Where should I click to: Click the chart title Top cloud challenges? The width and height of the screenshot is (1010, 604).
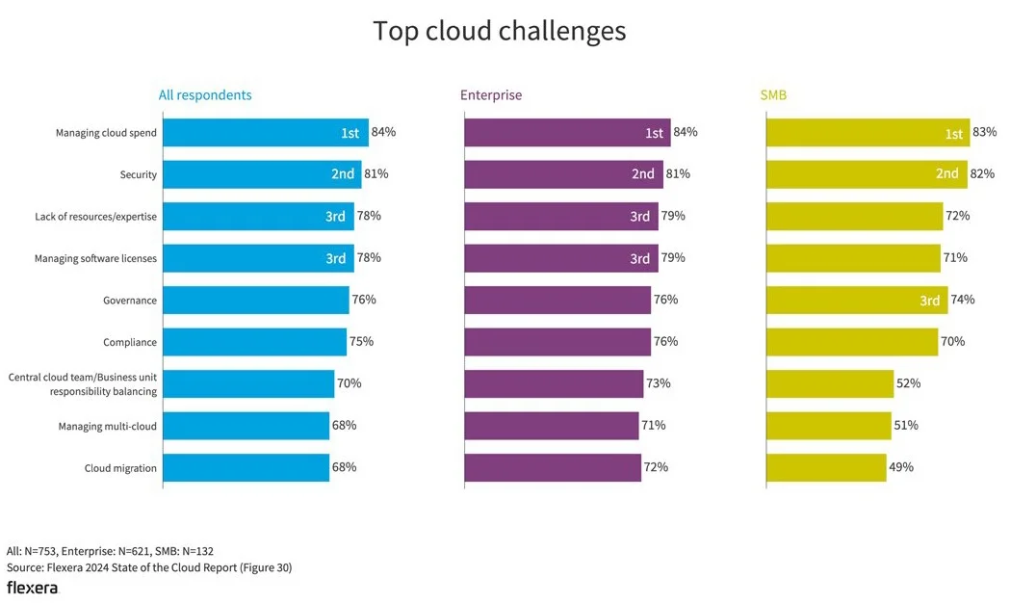tap(499, 31)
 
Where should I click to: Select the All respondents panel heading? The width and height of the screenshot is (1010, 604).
tap(205, 95)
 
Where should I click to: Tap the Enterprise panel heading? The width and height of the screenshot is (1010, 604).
tap(491, 95)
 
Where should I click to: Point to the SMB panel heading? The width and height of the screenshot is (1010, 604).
tap(773, 95)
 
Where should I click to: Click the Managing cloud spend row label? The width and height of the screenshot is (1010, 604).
tap(106, 133)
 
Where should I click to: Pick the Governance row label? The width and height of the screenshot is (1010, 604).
tap(130, 301)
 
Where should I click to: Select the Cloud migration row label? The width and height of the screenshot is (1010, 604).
tap(120, 468)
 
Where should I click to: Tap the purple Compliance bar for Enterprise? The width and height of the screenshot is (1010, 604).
tap(557, 342)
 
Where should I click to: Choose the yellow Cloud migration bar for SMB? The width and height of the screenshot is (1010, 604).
tap(826, 468)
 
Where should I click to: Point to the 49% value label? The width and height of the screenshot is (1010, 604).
tap(901, 467)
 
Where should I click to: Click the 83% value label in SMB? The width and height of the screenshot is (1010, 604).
tap(985, 132)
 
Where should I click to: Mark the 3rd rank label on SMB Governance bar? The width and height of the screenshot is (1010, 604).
tap(929, 301)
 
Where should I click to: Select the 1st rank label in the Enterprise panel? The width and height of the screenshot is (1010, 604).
tap(655, 133)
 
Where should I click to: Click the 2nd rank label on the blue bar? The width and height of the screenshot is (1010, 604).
tap(343, 174)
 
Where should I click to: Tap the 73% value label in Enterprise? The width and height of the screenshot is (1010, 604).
tap(659, 383)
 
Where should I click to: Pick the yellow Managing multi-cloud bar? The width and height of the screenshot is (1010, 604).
tap(829, 426)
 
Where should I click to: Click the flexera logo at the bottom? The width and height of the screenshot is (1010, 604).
tap(32, 587)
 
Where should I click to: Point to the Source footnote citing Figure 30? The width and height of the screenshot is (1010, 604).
tap(149, 567)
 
